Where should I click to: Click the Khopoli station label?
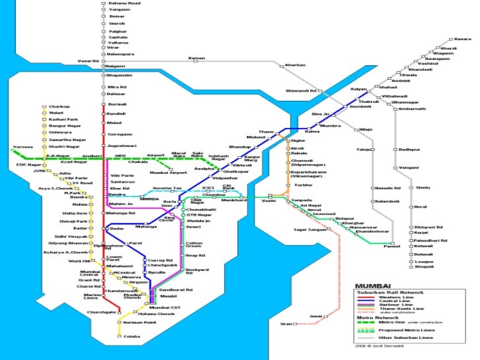click(x=423, y=266)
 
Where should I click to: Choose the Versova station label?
click(x=23, y=147)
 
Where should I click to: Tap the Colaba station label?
click(x=132, y=336)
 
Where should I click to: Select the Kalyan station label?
click(x=358, y=88)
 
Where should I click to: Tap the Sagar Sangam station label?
click(x=309, y=229)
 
